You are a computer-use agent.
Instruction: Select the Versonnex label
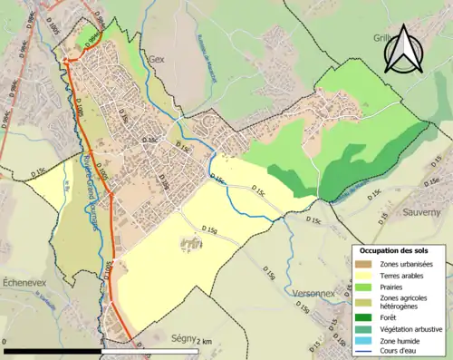(315, 294)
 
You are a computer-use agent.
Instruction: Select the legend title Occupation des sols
(393, 250)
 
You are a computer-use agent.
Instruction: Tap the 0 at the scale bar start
(5, 342)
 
